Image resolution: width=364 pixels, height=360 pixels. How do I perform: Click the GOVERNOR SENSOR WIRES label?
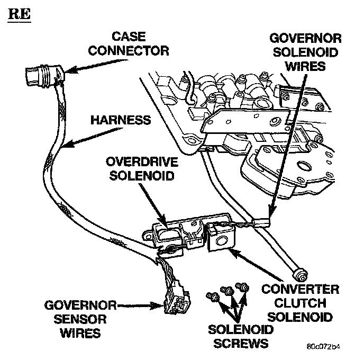point(74,319)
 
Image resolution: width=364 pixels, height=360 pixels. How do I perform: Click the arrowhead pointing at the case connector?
point(74,70)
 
